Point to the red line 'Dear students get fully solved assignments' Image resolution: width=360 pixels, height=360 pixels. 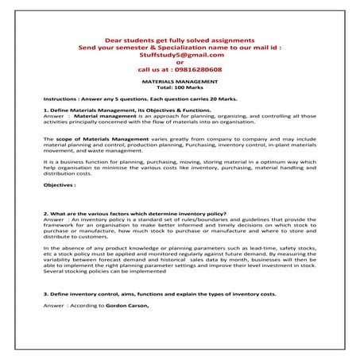tap(180, 40)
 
